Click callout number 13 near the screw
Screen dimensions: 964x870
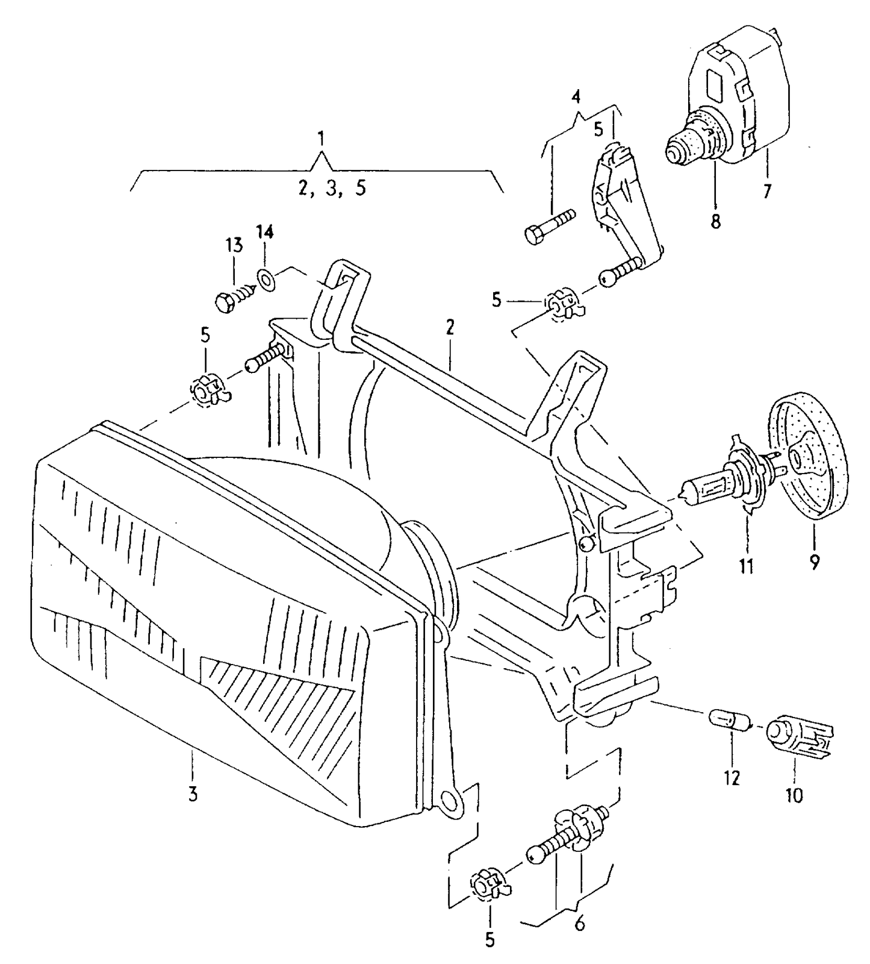(234, 245)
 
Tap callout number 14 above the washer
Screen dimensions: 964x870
(265, 232)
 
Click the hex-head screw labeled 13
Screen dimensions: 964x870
(232, 298)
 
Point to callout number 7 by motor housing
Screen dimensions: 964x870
(766, 192)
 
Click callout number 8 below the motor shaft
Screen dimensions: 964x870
(715, 221)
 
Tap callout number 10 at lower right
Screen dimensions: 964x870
(794, 795)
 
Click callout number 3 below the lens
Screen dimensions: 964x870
(193, 794)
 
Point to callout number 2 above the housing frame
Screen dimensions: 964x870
(450, 328)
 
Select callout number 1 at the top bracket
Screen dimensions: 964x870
(322, 139)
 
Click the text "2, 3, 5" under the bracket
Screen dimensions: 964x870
(332, 189)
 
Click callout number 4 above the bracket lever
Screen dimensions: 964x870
(576, 96)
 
